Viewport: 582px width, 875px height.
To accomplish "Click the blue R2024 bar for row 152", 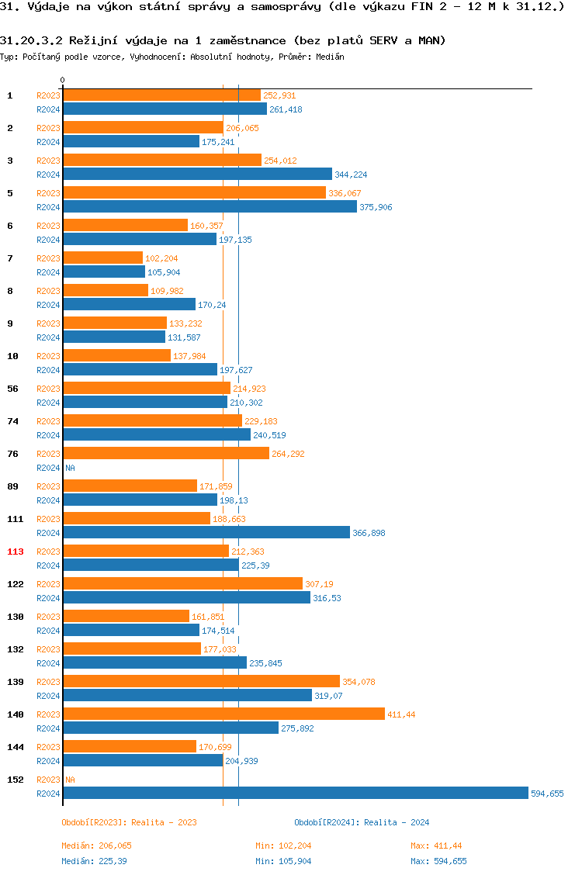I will coord(295,793).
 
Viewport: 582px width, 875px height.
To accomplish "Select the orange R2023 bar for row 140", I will coord(223,714).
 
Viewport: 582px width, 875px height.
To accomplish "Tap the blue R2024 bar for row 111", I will coord(206,532).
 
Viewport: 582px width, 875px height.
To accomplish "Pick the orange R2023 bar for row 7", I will coord(102,258).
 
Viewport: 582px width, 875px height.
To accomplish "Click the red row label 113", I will coord(16,552).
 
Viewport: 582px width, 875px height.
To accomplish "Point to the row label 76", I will coord(13,454).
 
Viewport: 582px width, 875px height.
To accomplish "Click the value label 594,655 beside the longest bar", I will coord(547,794).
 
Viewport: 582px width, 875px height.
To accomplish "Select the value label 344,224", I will coord(351,175).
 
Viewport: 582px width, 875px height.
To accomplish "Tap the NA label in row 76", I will coord(70,468).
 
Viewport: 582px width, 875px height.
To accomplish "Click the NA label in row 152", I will coord(70,780).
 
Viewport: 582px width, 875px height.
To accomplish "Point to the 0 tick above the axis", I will coord(62,80).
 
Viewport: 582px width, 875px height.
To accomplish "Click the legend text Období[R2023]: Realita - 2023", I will coord(129,822).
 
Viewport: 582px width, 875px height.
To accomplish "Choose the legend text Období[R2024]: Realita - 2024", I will coord(362,822).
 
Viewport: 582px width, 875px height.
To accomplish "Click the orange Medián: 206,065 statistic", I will coord(97,846).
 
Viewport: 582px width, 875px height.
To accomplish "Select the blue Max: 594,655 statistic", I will coord(438,861).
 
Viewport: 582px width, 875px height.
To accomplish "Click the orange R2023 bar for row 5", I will coord(194,192).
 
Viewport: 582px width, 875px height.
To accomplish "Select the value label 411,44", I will coord(401,714).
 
